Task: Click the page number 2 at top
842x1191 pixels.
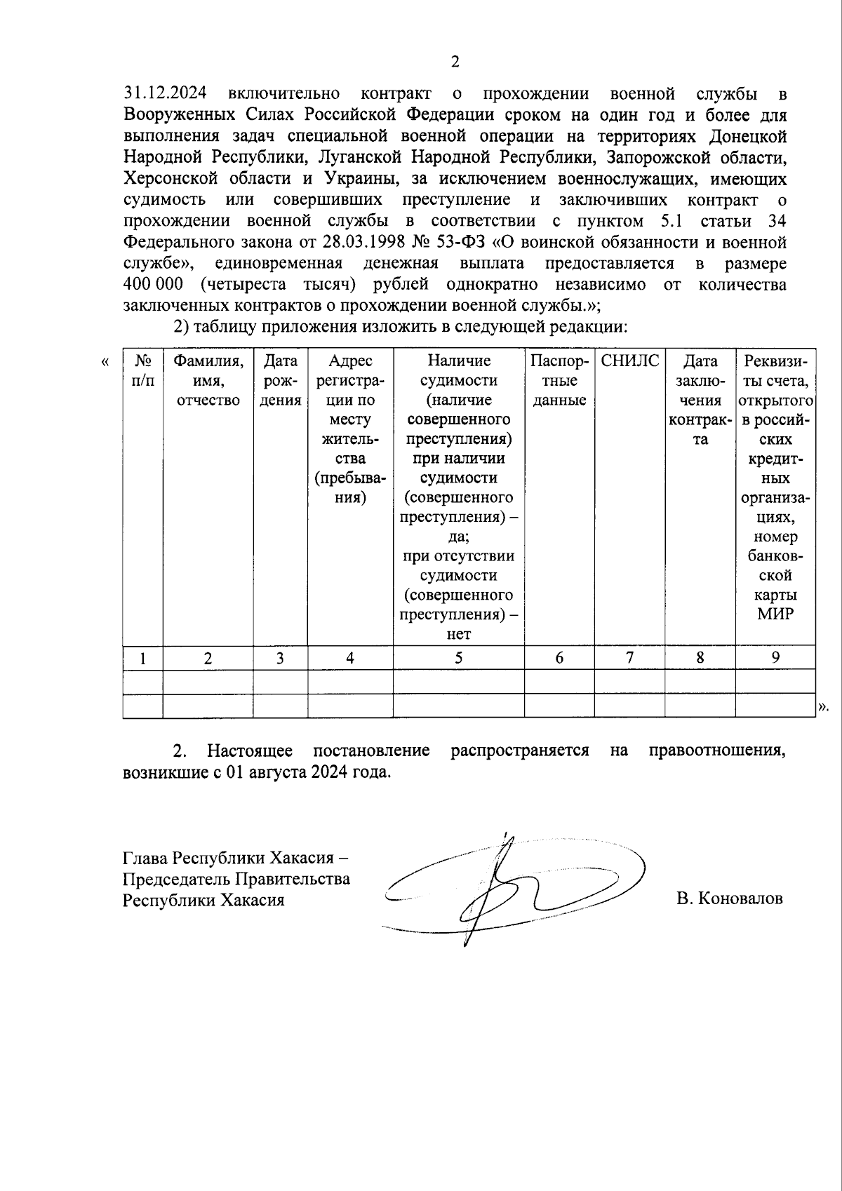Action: click(x=455, y=62)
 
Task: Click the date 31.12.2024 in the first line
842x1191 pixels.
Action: click(x=165, y=94)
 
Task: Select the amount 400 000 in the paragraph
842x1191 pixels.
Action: click(x=153, y=285)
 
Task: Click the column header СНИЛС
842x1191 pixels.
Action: click(x=629, y=361)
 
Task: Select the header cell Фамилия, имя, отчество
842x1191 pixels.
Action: click(x=208, y=380)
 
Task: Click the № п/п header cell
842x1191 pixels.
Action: click(x=143, y=370)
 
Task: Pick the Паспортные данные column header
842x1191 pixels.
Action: click(x=559, y=380)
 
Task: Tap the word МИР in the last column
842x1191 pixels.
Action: click(x=775, y=614)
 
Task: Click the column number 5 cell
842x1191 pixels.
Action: click(x=458, y=658)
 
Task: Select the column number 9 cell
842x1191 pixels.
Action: click(x=775, y=657)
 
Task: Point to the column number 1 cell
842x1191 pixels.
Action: click(x=143, y=659)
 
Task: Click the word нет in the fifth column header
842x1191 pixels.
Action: click(x=458, y=634)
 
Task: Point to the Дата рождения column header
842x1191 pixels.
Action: click(x=280, y=380)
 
